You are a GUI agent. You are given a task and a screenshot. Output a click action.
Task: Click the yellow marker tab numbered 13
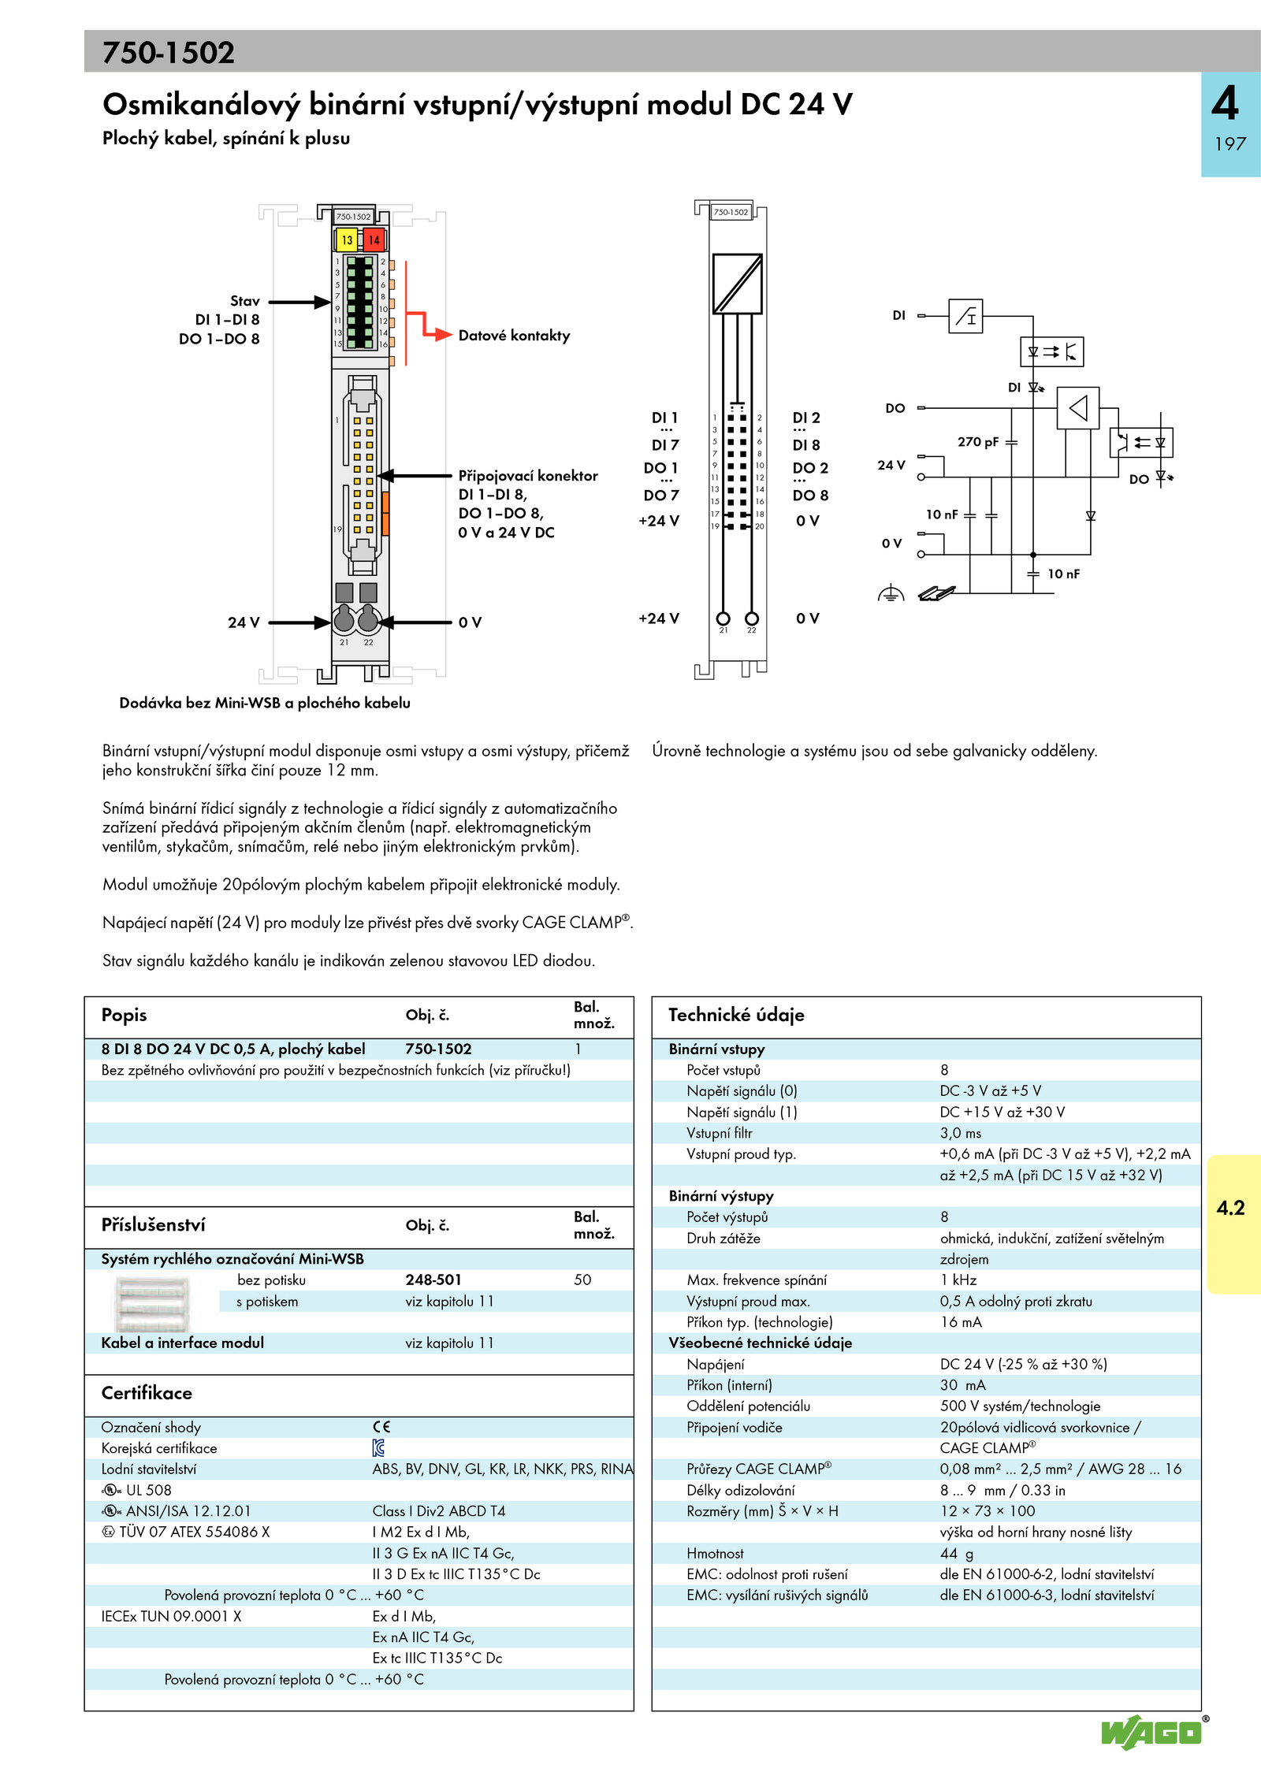tap(347, 240)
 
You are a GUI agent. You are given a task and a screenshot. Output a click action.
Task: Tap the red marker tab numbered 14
tap(374, 240)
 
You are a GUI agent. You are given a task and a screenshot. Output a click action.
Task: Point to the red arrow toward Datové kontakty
tap(438, 334)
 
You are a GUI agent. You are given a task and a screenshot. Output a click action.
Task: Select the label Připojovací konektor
tap(528, 476)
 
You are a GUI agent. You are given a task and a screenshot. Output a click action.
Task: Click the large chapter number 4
tap(1226, 103)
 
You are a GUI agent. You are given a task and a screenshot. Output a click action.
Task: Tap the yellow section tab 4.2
tap(1231, 1208)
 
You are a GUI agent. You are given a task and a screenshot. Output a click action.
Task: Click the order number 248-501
tap(433, 1280)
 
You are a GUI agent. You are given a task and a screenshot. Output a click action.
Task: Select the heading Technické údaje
tap(736, 1015)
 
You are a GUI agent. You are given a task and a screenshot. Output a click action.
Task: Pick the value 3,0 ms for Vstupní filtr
tap(960, 1133)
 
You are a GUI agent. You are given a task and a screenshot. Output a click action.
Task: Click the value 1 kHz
tap(958, 1280)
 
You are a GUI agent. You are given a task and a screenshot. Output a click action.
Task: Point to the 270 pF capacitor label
tap(977, 442)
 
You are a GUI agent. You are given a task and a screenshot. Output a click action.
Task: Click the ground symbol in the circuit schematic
tap(891, 594)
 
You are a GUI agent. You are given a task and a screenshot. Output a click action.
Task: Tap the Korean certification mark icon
tap(378, 1448)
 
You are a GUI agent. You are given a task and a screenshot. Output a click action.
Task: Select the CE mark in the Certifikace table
tap(381, 1427)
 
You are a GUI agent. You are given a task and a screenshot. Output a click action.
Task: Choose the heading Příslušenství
tap(153, 1225)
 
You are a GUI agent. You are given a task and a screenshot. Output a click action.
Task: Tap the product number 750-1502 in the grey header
tap(169, 53)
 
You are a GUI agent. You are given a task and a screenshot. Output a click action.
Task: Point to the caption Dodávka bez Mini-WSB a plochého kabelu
tap(265, 703)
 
